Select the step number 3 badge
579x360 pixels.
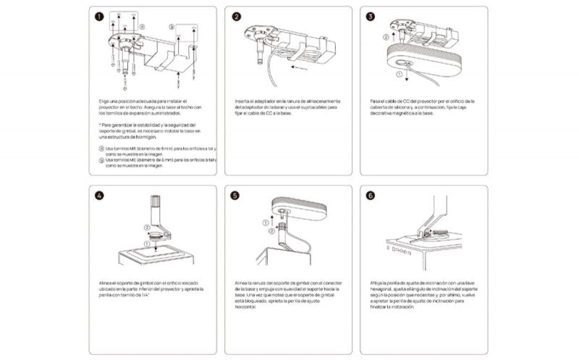pos(371,16)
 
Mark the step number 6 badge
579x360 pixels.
pos(371,195)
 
